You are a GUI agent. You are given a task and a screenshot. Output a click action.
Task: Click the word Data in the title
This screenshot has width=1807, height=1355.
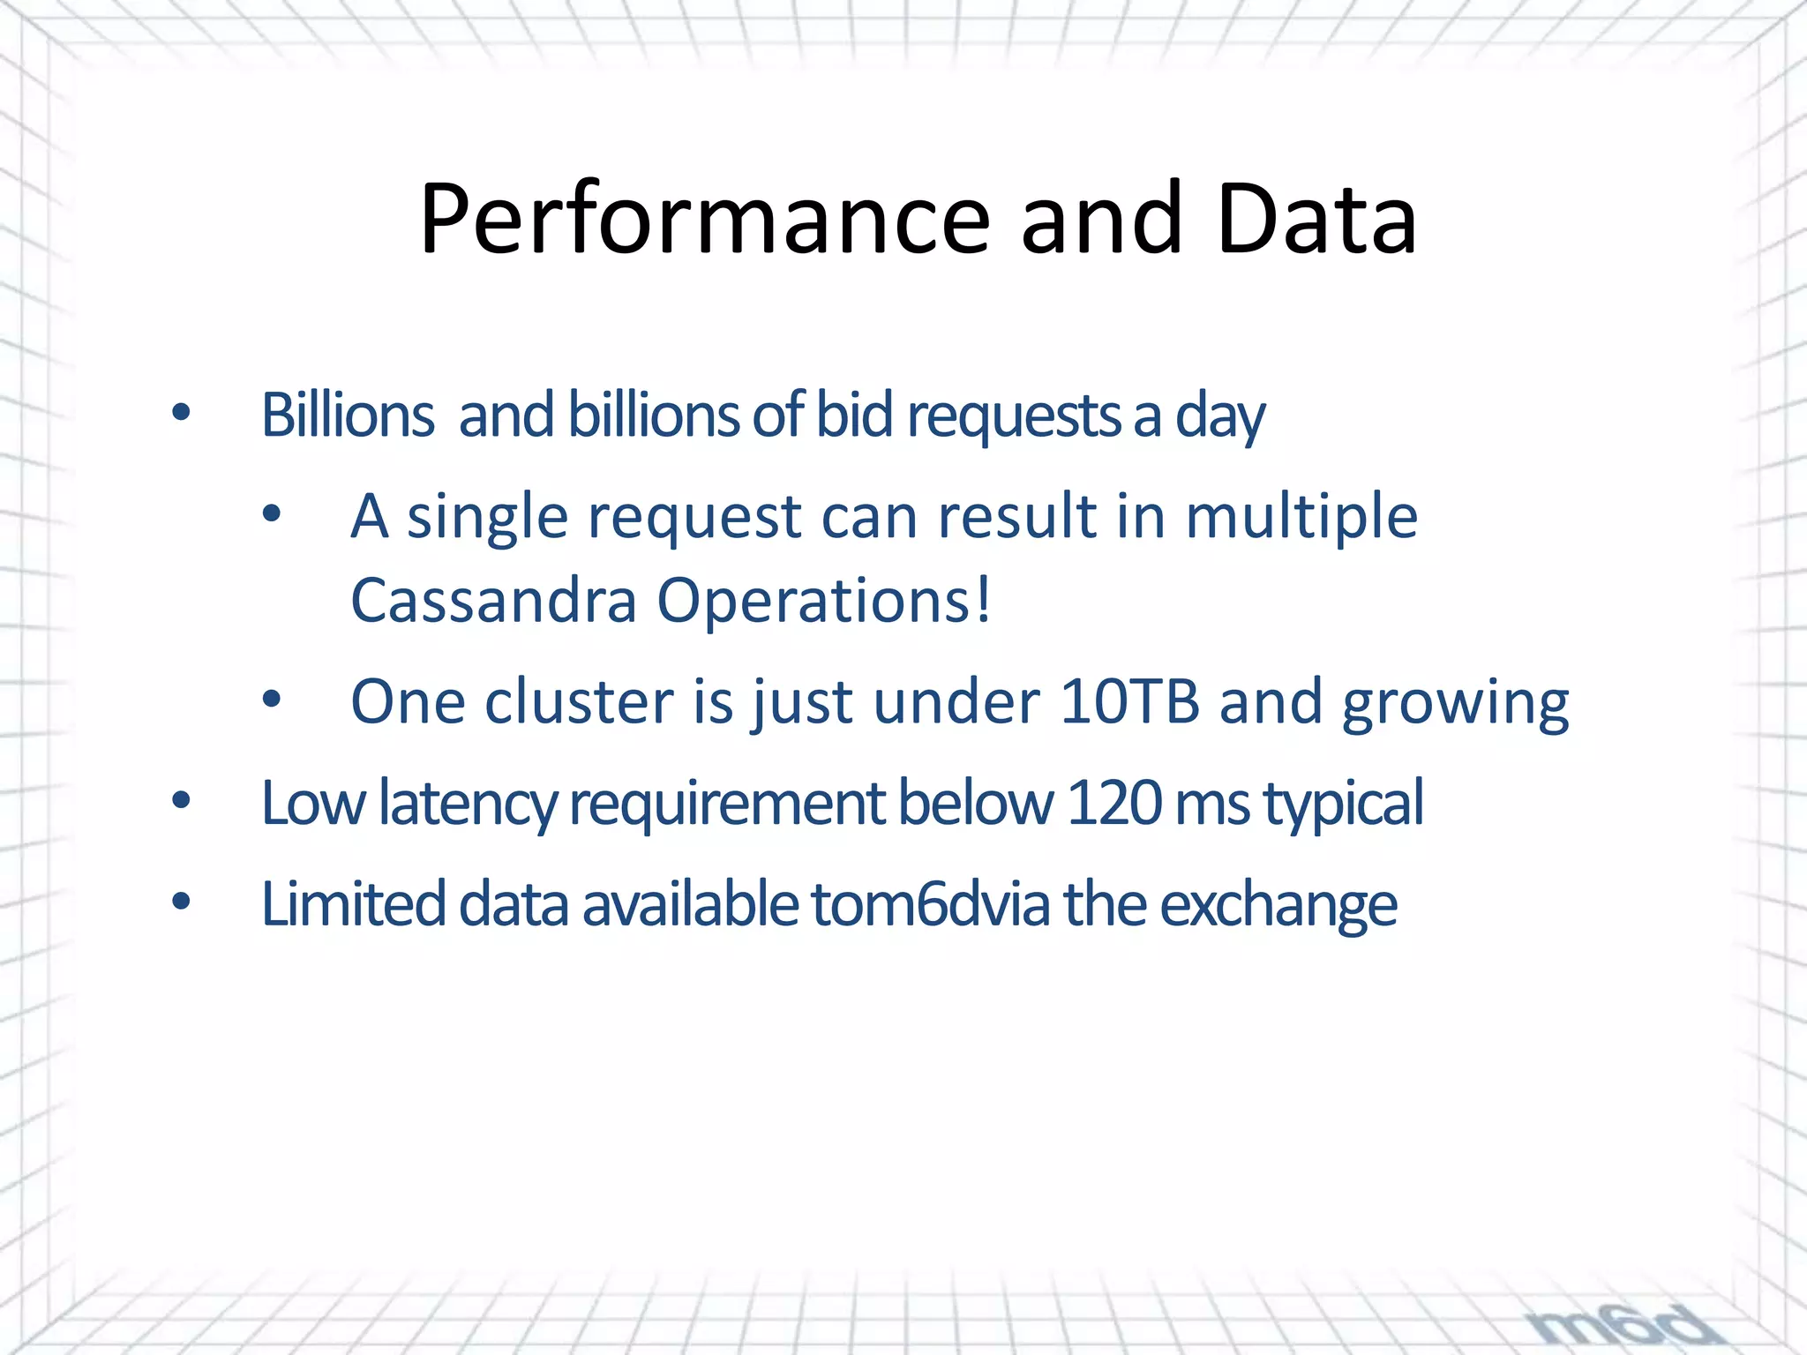[x=1316, y=219]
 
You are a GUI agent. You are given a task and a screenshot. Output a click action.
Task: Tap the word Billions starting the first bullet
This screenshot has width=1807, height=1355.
[x=348, y=415]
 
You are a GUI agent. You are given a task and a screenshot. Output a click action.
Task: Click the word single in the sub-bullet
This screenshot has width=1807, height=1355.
[x=487, y=517]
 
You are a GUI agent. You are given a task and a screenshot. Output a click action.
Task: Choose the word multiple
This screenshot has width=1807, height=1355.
[x=1301, y=517]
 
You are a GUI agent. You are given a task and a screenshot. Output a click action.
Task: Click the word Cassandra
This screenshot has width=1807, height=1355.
[x=493, y=601]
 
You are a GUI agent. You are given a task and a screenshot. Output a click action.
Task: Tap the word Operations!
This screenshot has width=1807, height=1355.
[x=824, y=601]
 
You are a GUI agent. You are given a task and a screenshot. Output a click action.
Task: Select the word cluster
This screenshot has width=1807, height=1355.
[x=579, y=702]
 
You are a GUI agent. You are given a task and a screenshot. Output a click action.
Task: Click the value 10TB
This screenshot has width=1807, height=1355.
[x=1129, y=702]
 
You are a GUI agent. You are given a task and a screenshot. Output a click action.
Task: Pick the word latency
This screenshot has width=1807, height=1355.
[x=468, y=804]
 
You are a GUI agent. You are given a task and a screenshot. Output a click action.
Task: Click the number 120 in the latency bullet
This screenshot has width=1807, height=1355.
[x=1113, y=803]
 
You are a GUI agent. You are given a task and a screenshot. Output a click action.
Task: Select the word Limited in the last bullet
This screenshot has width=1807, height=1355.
[x=353, y=904]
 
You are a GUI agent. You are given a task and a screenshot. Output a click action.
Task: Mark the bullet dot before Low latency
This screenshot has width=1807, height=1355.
[x=182, y=801]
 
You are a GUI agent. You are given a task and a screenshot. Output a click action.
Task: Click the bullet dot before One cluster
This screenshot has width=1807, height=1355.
[x=272, y=700]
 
